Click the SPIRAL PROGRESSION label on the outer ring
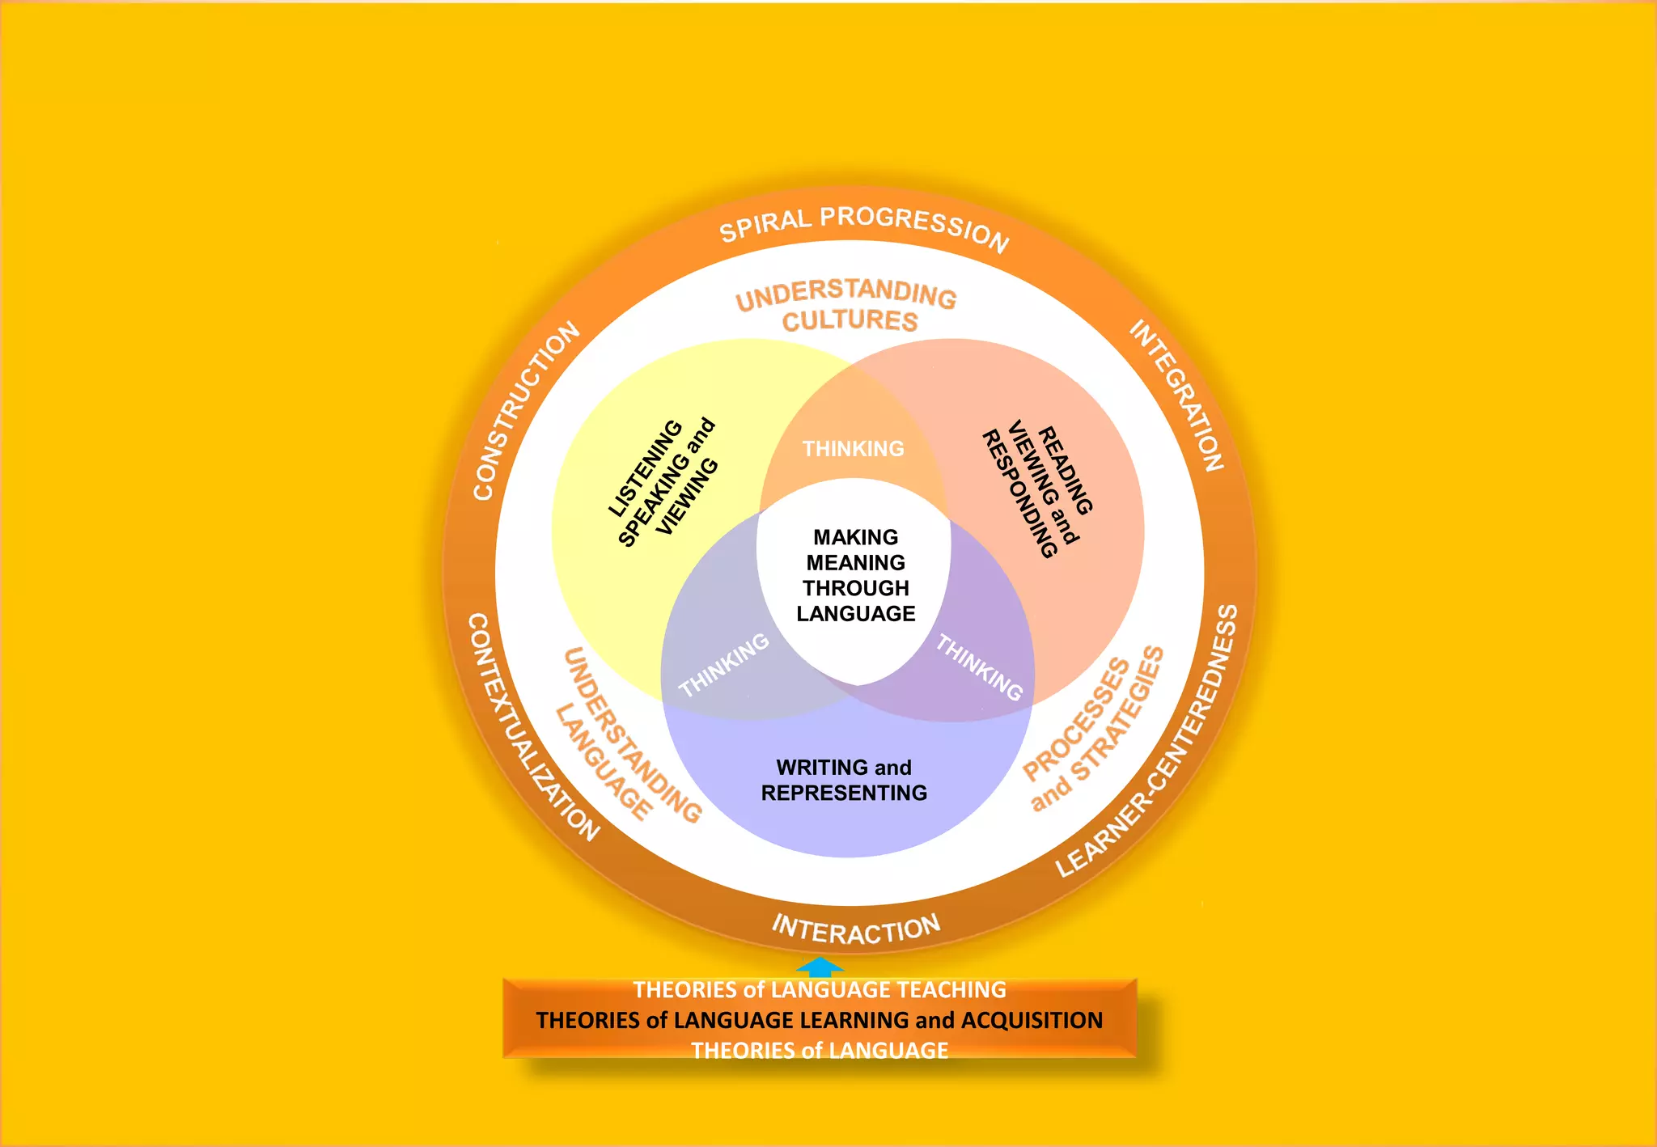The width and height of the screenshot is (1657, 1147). [863, 226]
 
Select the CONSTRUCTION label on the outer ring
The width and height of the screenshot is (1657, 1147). [525, 411]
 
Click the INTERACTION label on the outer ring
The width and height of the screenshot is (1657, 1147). [855, 929]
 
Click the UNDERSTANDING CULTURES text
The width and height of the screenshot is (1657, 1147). [847, 306]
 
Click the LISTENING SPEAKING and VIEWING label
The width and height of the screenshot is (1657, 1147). [663, 482]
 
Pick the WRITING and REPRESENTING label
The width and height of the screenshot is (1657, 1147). [844, 780]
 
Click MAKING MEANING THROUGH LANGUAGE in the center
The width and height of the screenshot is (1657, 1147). [855, 575]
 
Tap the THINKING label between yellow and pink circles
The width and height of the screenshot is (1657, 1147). [853, 449]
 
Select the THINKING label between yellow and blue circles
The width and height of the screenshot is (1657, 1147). [723, 665]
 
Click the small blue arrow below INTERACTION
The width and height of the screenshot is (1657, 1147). [820, 967]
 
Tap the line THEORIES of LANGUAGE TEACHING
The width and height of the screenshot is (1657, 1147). [819, 990]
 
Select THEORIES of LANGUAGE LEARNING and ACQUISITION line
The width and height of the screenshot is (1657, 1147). [819, 1020]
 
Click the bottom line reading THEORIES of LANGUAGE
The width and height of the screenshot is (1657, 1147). [819, 1050]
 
